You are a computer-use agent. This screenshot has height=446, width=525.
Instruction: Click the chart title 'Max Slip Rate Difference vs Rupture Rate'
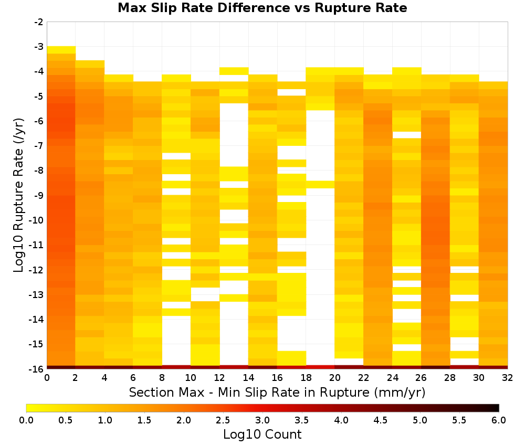pos(262,8)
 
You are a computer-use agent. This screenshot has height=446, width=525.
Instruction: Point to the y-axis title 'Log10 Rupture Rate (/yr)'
pos(19,195)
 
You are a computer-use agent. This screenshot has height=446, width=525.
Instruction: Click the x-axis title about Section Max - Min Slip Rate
pos(277,392)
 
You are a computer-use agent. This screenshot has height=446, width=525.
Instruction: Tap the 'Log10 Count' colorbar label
pos(262,434)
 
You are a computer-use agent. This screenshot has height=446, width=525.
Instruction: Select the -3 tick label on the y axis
pos(39,47)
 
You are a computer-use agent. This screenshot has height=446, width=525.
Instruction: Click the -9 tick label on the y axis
pos(39,195)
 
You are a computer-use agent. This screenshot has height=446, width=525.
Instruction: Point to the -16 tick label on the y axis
pos(37,369)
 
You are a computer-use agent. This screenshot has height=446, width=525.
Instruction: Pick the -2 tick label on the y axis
pos(39,22)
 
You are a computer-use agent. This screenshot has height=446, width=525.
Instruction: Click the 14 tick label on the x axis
pos(248,378)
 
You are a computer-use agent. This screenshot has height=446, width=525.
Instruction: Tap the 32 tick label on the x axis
pos(507,378)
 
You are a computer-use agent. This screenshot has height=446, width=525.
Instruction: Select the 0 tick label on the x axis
pos(47,378)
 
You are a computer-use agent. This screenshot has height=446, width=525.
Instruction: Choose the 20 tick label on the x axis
pos(334,378)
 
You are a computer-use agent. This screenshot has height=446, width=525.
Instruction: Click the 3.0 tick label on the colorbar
pos(262,420)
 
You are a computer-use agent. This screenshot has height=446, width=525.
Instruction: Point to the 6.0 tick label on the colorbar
pos(499,420)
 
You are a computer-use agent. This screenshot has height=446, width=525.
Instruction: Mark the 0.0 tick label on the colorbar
pos(26,420)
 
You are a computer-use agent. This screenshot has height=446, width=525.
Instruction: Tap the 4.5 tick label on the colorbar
pos(380,420)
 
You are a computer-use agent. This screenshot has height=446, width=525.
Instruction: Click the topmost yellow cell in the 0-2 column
pos(61,50)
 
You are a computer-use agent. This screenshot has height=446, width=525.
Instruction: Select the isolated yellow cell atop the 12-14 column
pos(234,71)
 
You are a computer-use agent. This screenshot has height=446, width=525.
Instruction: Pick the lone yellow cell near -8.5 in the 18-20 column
pos(320,184)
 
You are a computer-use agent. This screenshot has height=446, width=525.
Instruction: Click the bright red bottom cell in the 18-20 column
pos(320,367)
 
